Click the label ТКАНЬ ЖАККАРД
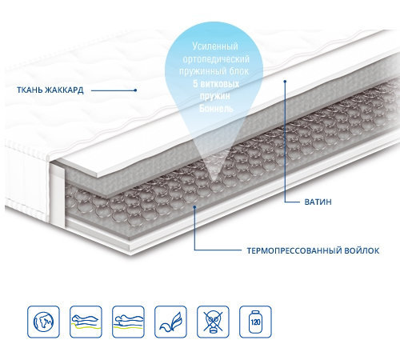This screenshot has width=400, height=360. click(x=50, y=90)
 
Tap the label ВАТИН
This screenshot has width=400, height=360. click(x=318, y=202)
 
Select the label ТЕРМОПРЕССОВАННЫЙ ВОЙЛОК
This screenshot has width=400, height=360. click(x=313, y=250)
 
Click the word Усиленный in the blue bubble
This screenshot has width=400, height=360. click(x=215, y=46)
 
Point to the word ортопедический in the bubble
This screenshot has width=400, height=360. click(x=216, y=59)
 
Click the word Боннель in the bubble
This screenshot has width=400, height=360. click(x=216, y=109)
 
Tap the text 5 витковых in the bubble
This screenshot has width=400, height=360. click(x=216, y=84)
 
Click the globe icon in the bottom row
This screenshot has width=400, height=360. click(x=43, y=322)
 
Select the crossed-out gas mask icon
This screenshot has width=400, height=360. click(x=213, y=322)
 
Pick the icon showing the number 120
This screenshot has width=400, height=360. click(x=255, y=322)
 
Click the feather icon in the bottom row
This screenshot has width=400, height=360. click(x=170, y=322)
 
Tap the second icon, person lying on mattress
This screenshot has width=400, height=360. click(x=86, y=322)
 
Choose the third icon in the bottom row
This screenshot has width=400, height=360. click(x=128, y=322)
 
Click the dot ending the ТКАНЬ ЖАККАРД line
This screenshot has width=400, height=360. click(x=136, y=90)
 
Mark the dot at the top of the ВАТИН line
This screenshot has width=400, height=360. click(x=285, y=81)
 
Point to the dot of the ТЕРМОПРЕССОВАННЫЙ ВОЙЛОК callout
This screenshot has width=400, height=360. click(x=194, y=206)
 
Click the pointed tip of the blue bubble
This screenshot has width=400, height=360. click(x=214, y=182)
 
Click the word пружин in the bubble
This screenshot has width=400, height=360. click(x=215, y=97)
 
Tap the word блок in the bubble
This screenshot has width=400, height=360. click(x=239, y=71)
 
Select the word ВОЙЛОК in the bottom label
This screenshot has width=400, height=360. click(x=362, y=250)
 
